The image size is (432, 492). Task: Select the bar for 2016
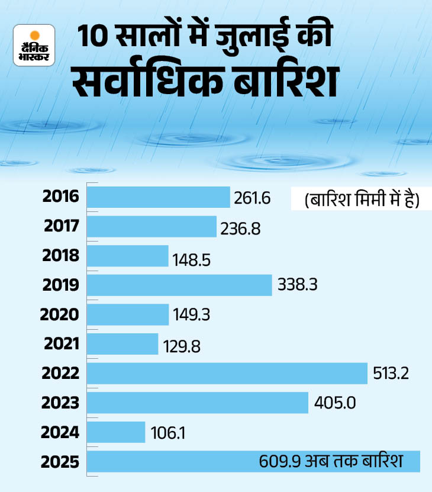(x=158, y=197)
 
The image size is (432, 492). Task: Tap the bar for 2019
(x=179, y=285)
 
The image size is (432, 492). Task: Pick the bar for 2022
(x=227, y=374)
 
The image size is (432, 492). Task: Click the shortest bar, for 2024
(x=116, y=432)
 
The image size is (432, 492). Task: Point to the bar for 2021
(x=123, y=344)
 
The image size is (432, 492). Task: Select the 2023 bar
(x=198, y=403)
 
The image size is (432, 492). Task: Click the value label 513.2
(x=391, y=374)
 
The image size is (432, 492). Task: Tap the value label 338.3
(x=298, y=285)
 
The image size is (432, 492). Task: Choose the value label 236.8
(x=240, y=227)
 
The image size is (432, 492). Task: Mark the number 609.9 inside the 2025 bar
(x=278, y=461)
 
